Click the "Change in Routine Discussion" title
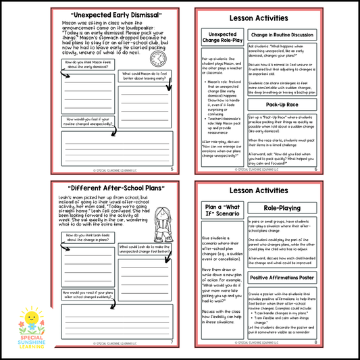[x=282, y=34]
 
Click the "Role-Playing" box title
[x=282, y=209]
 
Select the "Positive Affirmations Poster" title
[x=282, y=277]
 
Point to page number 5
[x=172, y=170]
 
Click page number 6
[x=315, y=170]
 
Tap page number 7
[x=172, y=342]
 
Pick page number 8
[x=315, y=342]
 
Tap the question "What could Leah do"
[x=143, y=247]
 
